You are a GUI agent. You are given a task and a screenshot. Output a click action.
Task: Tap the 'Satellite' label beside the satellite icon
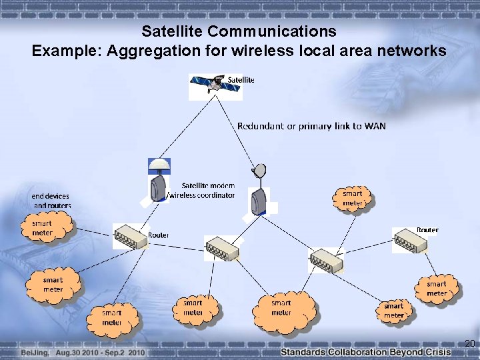click(241, 80)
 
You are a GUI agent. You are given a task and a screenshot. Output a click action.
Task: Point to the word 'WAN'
click(375, 125)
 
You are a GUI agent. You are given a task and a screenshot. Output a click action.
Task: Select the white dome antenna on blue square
click(159, 165)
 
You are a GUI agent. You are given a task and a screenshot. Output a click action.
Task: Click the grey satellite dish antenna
click(258, 172)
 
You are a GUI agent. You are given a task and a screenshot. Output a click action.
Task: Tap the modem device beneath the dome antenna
click(159, 187)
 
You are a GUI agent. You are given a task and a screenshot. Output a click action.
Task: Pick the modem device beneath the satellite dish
click(258, 200)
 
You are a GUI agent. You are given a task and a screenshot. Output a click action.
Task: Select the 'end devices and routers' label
click(50, 201)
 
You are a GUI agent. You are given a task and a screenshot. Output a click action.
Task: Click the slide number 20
click(469, 344)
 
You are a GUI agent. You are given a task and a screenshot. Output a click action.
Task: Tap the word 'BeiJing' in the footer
click(34, 351)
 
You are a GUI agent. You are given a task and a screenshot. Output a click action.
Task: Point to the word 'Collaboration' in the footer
click(361, 351)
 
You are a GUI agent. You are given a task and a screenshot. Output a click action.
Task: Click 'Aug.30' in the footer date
click(69, 351)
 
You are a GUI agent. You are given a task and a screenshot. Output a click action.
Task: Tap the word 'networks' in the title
click(411, 50)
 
